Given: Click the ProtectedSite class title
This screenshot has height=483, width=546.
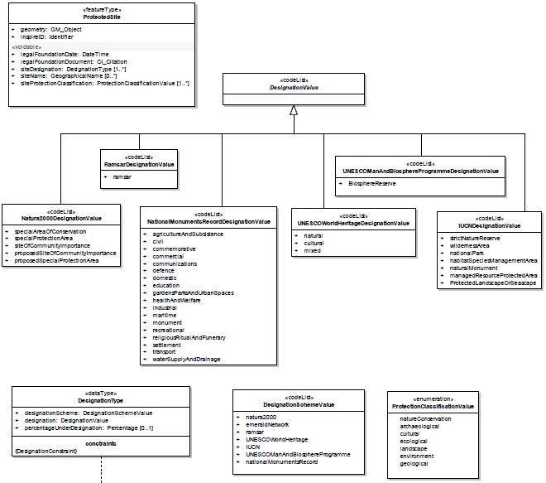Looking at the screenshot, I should pyautogui.click(x=103, y=17).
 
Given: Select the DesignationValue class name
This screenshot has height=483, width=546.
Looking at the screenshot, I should pyautogui.click(x=293, y=87).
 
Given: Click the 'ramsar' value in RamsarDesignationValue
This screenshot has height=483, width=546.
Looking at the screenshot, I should pyautogui.click(x=122, y=177).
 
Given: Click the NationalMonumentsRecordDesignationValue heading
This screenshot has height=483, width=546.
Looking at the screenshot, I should pyautogui.click(x=208, y=222).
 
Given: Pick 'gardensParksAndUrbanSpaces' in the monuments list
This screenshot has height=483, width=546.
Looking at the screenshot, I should pyautogui.click(x=193, y=293).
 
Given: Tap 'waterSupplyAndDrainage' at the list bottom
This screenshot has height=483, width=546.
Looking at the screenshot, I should pyautogui.click(x=185, y=360).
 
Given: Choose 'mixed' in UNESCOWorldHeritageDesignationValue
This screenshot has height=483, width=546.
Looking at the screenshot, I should pyautogui.click(x=312, y=250).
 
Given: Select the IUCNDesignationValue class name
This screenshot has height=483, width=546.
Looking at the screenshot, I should pyautogui.click(x=490, y=225).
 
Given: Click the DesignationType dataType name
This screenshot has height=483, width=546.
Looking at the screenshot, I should pyautogui.click(x=101, y=400).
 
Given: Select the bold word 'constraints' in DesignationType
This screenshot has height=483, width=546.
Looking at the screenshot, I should pyautogui.click(x=101, y=442).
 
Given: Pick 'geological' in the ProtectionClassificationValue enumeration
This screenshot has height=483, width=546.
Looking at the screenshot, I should pyautogui.click(x=414, y=464).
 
